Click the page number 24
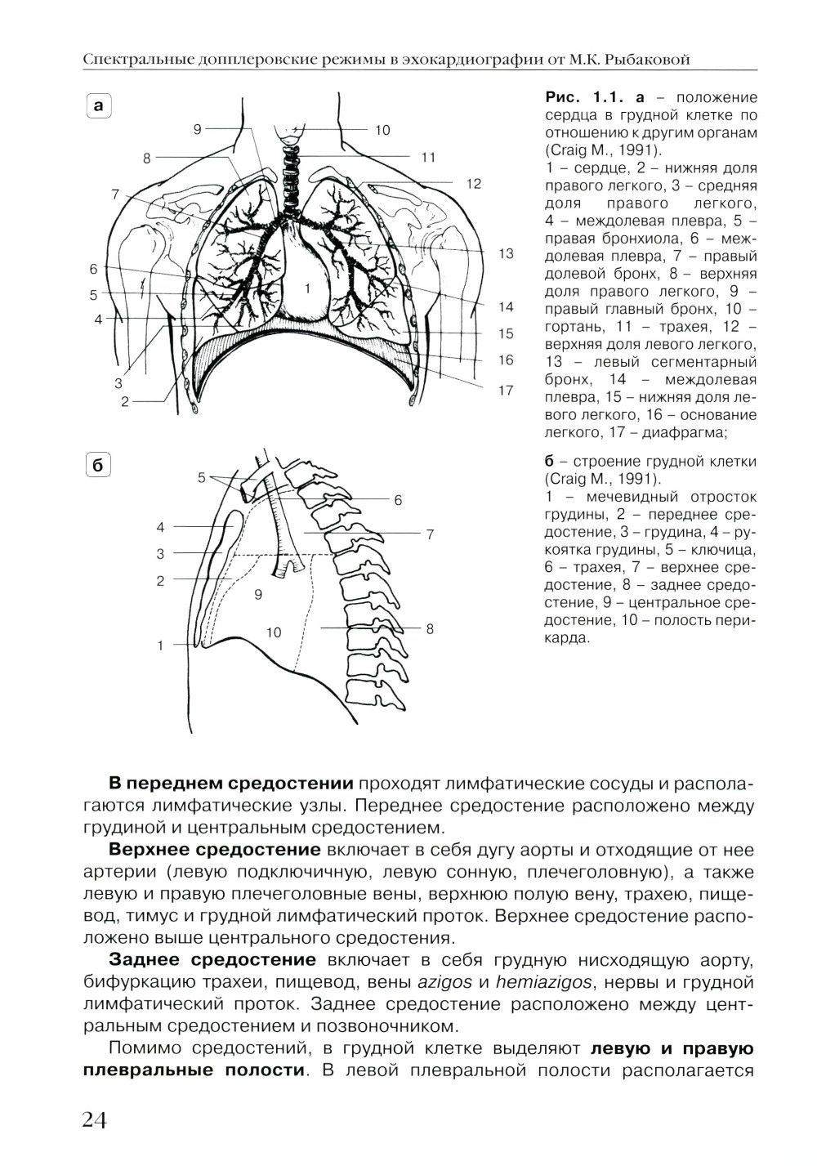(x=96, y=1119)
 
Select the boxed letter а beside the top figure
(x=99, y=106)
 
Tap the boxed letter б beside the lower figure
(x=99, y=466)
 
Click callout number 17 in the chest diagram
(x=506, y=391)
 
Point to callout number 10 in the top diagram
(x=383, y=129)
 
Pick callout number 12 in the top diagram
(x=474, y=184)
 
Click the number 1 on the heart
(x=306, y=288)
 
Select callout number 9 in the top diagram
(x=197, y=128)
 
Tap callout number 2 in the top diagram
(x=124, y=401)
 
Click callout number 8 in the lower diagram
(x=430, y=628)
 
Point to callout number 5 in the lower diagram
(x=201, y=478)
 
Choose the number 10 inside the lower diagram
(x=273, y=632)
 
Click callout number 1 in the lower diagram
(x=161, y=646)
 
